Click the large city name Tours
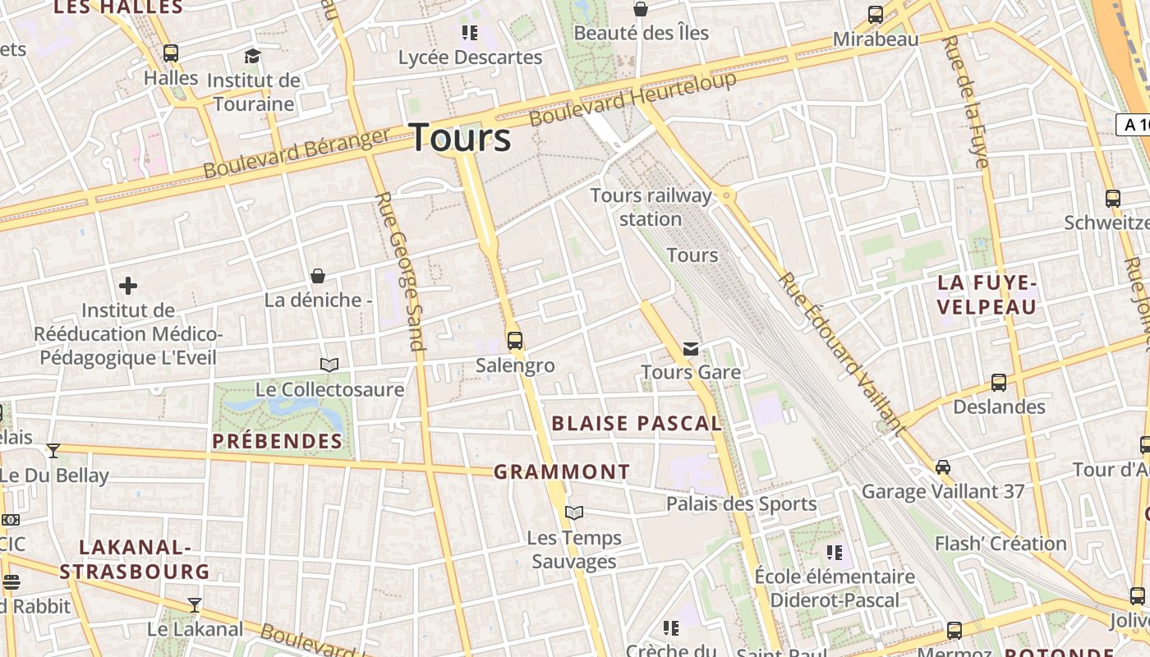click(460, 137)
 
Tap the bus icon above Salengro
click(515, 340)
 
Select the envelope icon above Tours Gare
click(691, 349)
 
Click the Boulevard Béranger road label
click(296, 154)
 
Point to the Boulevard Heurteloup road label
click(632, 99)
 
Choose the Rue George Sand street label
click(400, 271)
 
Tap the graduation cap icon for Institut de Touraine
click(252, 56)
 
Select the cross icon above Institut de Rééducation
click(128, 286)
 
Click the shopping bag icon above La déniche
click(318, 276)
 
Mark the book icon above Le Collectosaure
click(329, 365)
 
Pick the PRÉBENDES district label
click(278, 441)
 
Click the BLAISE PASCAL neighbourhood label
click(637, 424)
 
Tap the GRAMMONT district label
click(562, 472)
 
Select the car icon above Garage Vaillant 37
click(943, 467)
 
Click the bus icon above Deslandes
click(999, 382)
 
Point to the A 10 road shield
click(1134, 125)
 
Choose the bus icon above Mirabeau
click(876, 15)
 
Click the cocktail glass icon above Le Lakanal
click(195, 605)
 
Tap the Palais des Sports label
click(741, 503)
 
